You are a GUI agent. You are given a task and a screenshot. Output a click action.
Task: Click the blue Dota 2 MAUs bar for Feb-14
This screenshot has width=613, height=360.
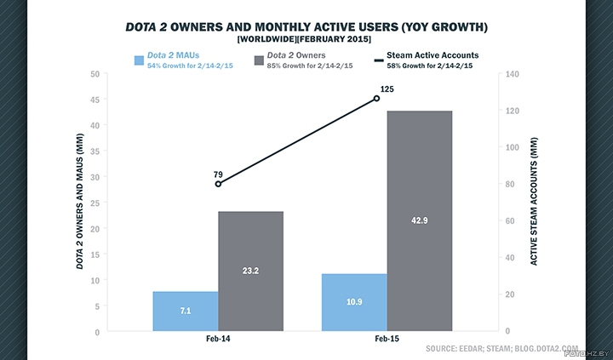pos(185,311)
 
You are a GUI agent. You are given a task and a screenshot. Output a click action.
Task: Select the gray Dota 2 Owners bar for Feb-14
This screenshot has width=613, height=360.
pos(250,271)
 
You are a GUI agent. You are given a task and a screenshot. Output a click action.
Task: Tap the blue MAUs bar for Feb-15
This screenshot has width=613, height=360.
pos(354,302)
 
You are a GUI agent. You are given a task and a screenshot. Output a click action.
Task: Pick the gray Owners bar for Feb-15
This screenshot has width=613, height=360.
pos(420,220)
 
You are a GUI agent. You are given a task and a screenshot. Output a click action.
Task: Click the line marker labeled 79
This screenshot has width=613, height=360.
pos(218,184)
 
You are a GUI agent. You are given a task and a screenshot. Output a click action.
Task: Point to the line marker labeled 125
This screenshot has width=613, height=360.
pos(376,99)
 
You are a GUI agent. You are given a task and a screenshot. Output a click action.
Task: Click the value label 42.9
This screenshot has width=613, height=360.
pos(420,220)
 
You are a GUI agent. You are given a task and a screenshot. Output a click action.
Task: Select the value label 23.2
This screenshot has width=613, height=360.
pos(250,271)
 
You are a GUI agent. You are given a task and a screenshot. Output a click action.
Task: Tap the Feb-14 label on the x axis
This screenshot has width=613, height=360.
pos(217,340)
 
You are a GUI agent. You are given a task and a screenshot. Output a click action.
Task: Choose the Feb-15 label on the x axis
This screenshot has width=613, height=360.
pos(387,340)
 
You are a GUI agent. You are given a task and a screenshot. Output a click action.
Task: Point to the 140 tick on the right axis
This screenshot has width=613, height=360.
pos(513,74)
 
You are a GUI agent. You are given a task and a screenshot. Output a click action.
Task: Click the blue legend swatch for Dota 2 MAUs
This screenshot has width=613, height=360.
pos(138,60)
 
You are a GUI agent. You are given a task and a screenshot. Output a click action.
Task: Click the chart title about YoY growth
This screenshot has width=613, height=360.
pos(306,26)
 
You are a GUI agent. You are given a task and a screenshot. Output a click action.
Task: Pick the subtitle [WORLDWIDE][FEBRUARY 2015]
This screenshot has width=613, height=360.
pos(306,39)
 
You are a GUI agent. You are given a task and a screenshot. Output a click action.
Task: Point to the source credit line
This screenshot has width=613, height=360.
pos(501,349)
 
